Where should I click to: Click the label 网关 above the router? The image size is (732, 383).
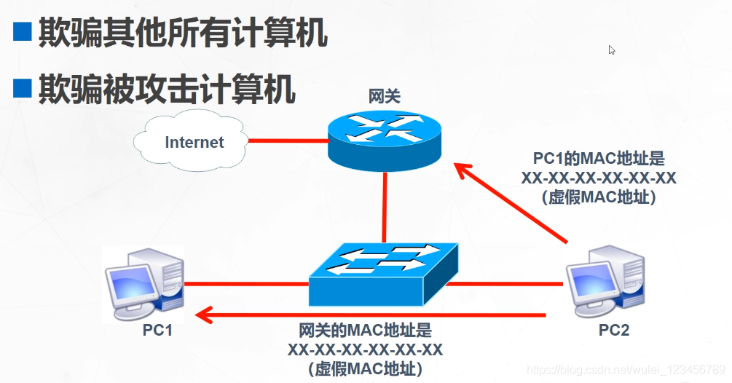click(384, 96)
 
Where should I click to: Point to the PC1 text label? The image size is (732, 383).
click(157, 331)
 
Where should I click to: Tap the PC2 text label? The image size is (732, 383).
click(613, 331)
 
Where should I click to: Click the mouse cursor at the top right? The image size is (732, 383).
click(612, 50)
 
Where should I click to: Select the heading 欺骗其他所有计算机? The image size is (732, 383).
click(182, 33)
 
